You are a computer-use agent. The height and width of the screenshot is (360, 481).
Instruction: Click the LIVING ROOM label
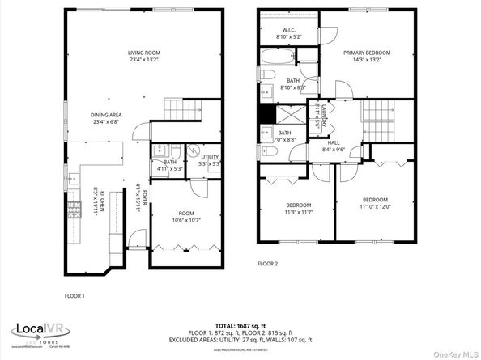point(142,56)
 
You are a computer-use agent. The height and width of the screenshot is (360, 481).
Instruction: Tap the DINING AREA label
point(106,119)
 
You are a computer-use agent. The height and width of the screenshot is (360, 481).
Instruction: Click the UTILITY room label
point(210,159)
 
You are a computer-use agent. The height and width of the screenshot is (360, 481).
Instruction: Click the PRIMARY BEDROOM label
point(366,56)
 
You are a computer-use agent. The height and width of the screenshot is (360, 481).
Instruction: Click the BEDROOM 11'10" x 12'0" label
point(375,203)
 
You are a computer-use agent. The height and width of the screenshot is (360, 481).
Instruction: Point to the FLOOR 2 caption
point(267,264)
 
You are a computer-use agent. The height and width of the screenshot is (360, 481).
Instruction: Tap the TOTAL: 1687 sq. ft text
point(240,324)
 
